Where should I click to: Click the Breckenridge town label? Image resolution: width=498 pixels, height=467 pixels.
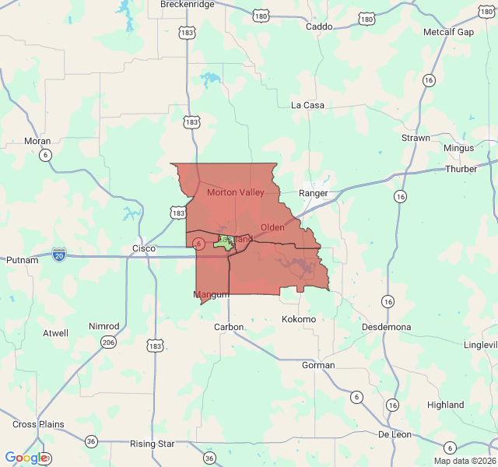pos(187,5)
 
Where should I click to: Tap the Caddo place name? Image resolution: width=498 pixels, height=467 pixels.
pos(319,26)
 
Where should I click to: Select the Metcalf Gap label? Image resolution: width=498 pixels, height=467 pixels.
pos(448,32)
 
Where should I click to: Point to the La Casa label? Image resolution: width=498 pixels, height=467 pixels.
pos(307,105)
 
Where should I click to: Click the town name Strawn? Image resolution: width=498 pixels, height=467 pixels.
pos(416,138)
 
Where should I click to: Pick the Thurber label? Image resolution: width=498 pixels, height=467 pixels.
pos(461,169)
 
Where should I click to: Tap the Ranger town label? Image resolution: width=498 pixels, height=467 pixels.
pos(314,193)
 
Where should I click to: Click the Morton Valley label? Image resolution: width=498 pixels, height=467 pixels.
pos(236,192)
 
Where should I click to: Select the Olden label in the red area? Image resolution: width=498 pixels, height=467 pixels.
pos(272,227)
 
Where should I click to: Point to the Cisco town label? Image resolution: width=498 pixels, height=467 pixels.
pos(144,248)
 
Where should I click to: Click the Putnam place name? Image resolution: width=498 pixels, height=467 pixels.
pos(22,260)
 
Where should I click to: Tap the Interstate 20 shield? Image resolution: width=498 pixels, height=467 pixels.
pos(59,254)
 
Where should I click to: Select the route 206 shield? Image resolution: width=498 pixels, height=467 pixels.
pos(107,341)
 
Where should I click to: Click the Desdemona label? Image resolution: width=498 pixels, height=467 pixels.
pos(387,327)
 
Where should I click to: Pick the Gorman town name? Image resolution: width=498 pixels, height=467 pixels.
pos(317,365)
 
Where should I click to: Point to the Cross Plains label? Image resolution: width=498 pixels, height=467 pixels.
pos(38,424)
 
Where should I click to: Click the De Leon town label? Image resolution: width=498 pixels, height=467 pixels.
pos(395,434)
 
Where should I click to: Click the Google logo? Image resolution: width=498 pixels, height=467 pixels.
pos(27,458)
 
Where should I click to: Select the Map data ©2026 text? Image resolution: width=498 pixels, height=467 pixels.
pos(464,461)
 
